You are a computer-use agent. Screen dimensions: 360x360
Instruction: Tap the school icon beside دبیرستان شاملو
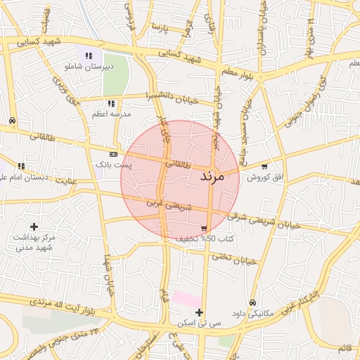point(89,56)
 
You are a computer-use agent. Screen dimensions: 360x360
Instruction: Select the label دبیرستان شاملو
point(89,67)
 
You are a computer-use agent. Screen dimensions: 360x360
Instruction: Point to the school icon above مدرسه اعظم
point(110,103)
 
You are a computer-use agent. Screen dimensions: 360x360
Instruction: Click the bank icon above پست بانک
point(113,154)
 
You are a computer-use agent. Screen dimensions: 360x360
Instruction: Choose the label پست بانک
point(113,164)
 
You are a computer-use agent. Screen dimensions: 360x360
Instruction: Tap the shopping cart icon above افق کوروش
point(264,167)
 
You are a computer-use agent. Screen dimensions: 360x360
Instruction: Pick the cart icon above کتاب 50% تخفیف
point(204,229)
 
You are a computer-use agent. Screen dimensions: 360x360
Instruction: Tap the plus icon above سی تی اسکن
point(200,312)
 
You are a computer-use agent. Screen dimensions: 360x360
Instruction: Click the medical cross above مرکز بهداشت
point(34,226)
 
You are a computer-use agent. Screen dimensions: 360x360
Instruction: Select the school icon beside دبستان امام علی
point(21,167)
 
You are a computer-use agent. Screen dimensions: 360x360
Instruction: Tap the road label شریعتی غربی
point(168,205)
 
